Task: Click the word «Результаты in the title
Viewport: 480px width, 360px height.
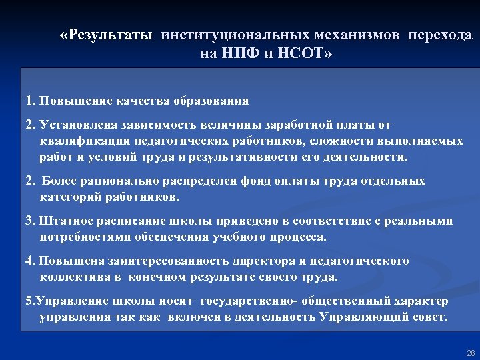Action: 107,35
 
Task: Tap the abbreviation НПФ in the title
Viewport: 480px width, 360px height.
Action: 237,53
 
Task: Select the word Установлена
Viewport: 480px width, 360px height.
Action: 77,125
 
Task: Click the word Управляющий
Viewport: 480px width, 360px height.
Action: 363,317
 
